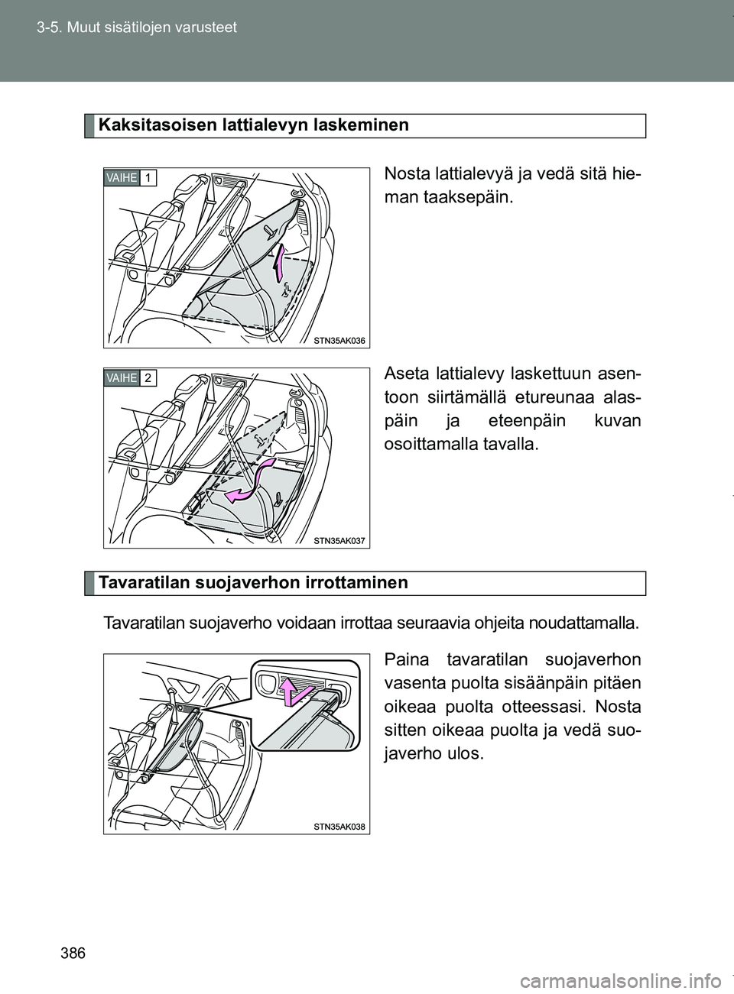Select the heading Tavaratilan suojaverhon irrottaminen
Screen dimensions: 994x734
(x=252, y=583)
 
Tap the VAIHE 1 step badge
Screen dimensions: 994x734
(x=131, y=178)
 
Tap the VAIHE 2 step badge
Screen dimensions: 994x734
(x=131, y=378)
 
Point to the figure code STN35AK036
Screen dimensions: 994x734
(x=339, y=342)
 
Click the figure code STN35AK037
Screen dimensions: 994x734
(x=339, y=541)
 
